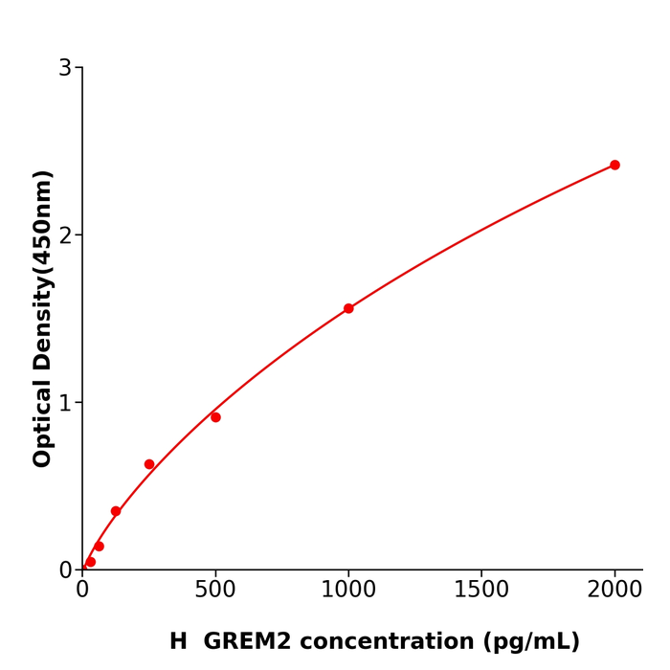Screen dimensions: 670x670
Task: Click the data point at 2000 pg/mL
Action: click(614, 165)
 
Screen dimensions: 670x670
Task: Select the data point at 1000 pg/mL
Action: click(348, 308)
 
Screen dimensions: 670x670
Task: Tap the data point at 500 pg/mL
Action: click(215, 417)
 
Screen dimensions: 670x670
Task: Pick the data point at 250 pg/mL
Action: click(149, 464)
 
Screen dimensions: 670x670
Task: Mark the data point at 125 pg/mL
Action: click(116, 511)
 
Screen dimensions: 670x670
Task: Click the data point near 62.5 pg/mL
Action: click(99, 547)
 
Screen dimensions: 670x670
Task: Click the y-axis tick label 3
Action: click(65, 68)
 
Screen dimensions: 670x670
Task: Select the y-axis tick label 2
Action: click(65, 235)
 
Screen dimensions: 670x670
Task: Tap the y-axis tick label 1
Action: click(65, 403)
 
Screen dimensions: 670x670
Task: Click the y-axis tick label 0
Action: click(65, 570)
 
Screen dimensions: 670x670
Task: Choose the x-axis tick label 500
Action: click(215, 591)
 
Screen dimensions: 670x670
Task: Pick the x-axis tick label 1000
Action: click(348, 591)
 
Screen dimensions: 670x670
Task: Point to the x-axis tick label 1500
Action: click(481, 591)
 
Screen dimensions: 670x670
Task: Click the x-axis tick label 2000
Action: click(614, 591)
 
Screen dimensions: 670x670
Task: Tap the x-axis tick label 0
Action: click(82, 591)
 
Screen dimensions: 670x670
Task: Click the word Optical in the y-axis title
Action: click(43, 423)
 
